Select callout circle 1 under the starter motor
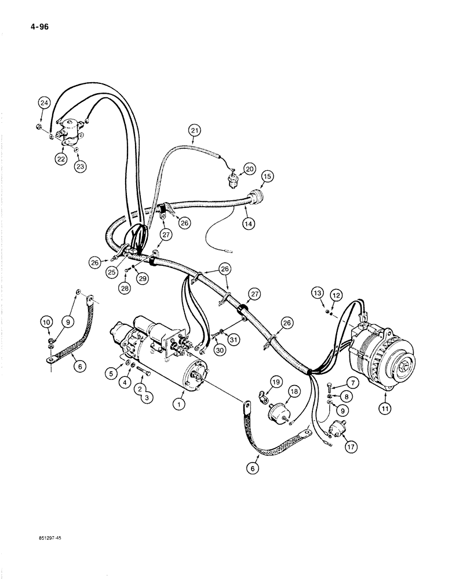(x=180, y=405)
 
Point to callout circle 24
(x=43, y=103)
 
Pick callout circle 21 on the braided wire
(x=194, y=130)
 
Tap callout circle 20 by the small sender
(x=249, y=168)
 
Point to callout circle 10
(x=46, y=321)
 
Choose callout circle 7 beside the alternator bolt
(x=351, y=383)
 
